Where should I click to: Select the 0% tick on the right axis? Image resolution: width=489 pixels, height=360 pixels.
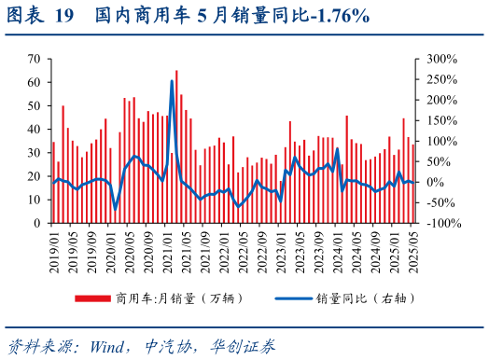tap(434, 182)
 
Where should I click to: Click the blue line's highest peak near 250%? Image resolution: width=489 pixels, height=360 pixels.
tap(172, 81)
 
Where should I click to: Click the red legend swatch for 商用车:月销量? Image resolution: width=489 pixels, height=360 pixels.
tap(92, 298)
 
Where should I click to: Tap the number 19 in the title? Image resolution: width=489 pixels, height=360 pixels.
tap(63, 16)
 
